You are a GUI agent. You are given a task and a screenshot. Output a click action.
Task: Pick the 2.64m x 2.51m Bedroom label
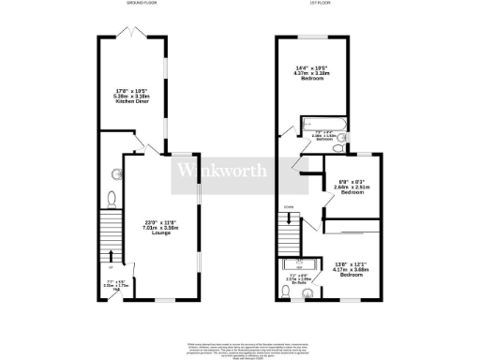click(x=352, y=187)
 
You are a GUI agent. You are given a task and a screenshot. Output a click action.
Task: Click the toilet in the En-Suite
click(x=309, y=293)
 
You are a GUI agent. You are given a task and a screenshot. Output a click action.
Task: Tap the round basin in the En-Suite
click(x=287, y=293)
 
